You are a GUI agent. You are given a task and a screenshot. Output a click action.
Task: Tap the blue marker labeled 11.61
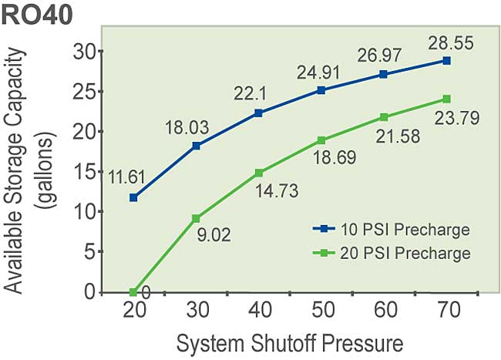(x=133, y=197)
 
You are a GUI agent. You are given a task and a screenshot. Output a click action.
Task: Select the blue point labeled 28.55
(x=446, y=60)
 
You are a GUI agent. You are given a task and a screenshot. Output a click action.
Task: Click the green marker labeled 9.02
(x=196, y=218)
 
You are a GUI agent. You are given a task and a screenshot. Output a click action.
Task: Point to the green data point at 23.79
(x=446, y=99)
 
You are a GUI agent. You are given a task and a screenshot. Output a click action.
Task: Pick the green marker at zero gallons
(x=133, y=292)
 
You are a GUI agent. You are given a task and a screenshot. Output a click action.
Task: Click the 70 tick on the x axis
(x=446, y=311)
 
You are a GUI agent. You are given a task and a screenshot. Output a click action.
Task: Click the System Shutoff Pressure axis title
(x=290, y=341)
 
